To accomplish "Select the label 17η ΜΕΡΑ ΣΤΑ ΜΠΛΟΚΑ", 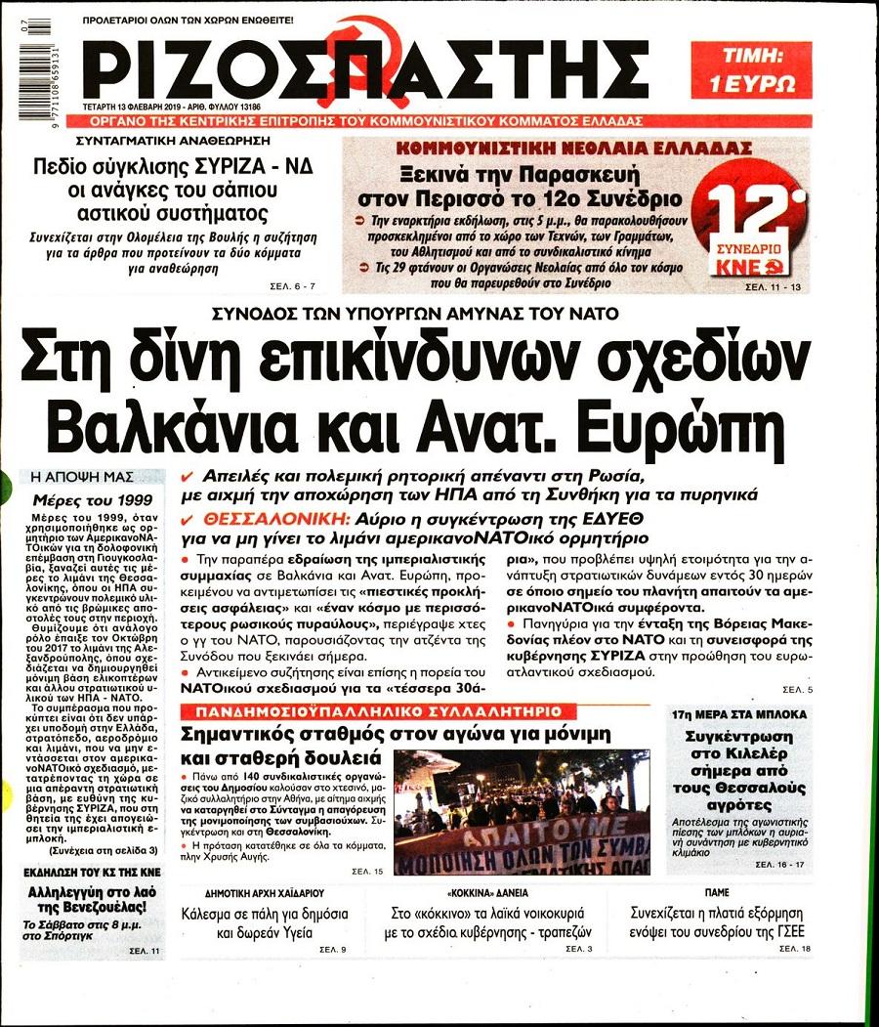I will point(751,714).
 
